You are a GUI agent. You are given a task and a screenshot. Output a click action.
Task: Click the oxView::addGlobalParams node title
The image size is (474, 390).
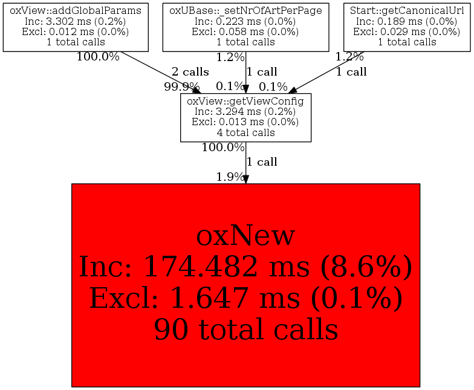pyautogui.click(x=76, y=11)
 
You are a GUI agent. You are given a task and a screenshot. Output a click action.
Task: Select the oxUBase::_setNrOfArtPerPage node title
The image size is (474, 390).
pyautogui.click(x=245, y=11)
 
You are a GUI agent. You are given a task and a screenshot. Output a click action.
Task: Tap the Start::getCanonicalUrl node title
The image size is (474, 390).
pyautogui.click(x=407, y=11)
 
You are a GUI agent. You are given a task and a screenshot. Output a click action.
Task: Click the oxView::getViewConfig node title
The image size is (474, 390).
pyautogui.click(x=245, y=101)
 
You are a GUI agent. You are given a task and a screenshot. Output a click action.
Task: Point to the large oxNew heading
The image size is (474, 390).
pyautogui.click(x=245, y=236)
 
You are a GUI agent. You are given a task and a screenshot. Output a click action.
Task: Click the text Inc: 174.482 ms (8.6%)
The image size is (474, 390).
pyautogui.click(x=245, y=267)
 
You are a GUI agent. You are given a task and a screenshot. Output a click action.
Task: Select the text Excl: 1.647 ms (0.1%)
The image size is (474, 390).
pyautogui.click(x=245, y=298)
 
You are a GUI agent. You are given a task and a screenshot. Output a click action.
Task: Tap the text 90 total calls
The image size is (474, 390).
pyautogui.click(x=245, y=330)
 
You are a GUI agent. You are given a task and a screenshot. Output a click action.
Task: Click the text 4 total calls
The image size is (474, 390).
pyautogui.click(x=245, y=132)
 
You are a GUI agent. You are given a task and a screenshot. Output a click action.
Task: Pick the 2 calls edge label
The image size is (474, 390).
pyautogui.click(x=190, y=72)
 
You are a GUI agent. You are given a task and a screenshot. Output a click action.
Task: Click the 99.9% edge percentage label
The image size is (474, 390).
pyautogui.click(x=181, y=87)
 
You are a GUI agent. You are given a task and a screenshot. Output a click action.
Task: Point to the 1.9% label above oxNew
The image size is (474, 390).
pyautogui.click(x=230, y=177)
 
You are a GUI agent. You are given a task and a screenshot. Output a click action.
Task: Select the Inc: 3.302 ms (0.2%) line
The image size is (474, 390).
pyautogui.click(x=76, y=22)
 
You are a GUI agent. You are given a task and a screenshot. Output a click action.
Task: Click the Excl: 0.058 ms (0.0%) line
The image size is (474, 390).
pyautogui.click(x=245, y=31)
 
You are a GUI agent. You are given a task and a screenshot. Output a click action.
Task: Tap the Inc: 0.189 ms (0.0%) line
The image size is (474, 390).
pyautogui.click(x=407, y=22)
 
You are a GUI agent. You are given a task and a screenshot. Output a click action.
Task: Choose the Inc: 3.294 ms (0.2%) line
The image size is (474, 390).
pyautogui.click(x=245, y=111)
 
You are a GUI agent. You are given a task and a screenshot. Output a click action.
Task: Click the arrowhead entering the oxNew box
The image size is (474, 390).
pyautogui.click(x=245, y=180)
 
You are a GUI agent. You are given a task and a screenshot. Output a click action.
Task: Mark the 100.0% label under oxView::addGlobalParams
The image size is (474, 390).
pyautogui.click(x=98, y=57)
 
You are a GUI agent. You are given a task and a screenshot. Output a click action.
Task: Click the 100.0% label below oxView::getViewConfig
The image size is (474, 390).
pyautogui.click(x=222, y=148)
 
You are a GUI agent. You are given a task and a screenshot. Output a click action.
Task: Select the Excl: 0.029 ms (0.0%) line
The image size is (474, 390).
pyautogui.click(x=407, y=31)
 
